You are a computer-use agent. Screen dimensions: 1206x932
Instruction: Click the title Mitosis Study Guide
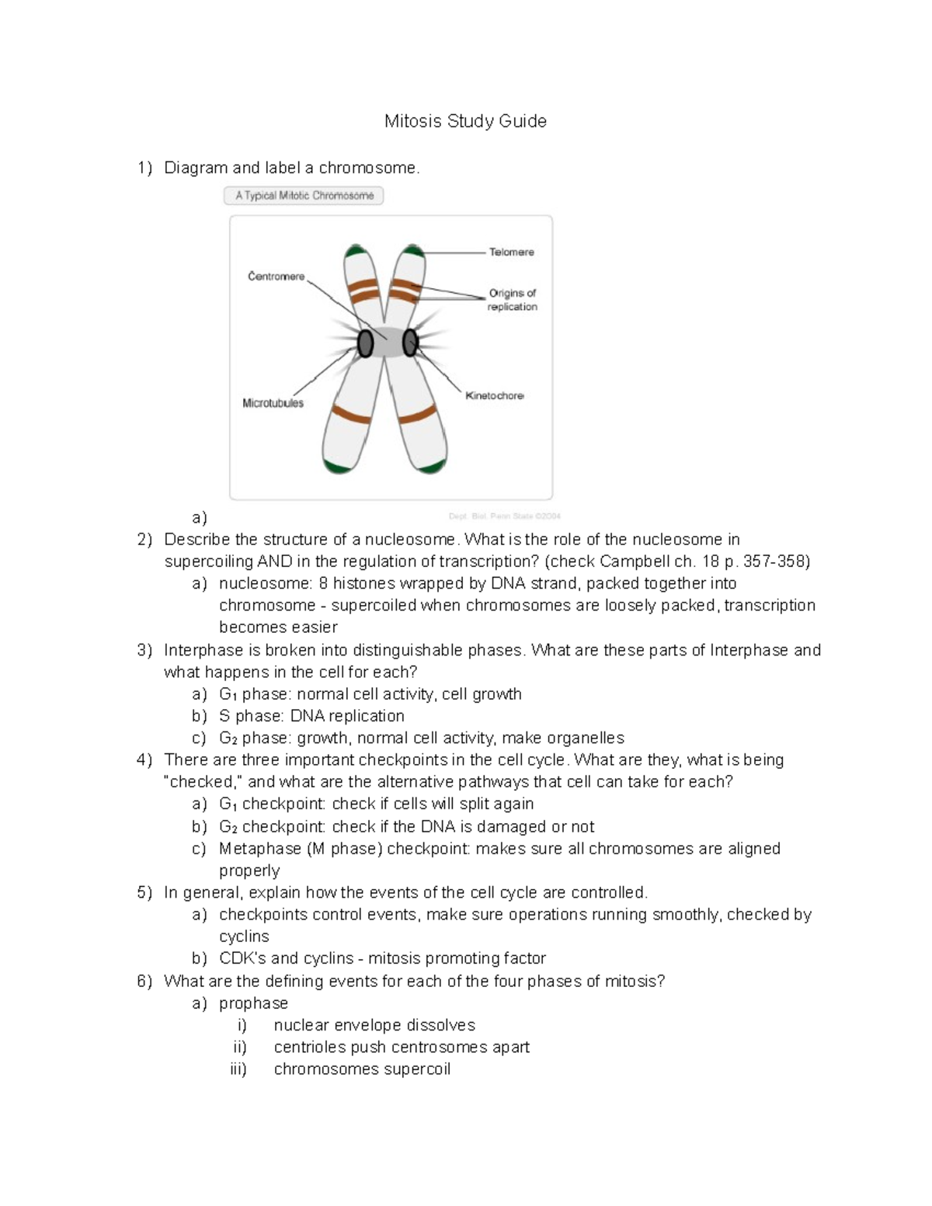click(x=465, y=121)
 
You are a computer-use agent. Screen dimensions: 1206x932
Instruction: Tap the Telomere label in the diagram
click(x=511, y=252)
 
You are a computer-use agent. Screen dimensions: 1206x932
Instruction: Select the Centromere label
click(x=276, y=276)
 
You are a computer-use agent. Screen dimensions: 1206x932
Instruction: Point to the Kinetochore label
click(x=494, y=396)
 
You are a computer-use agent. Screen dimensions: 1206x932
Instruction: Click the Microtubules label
click(x=273, y=403)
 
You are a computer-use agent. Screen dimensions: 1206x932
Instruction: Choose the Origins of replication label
click(x=512, y=300)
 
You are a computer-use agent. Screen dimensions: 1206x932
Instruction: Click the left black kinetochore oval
click(x=364, y=342)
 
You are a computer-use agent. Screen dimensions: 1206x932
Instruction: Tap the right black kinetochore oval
click(x=410, y=342)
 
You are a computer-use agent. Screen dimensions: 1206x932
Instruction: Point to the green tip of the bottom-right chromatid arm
click(x=432, y=467)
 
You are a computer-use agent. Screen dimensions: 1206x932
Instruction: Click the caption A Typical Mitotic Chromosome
click(x=304, y=196)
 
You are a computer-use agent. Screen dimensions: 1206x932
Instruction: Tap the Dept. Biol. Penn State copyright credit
click(x=504, y=516)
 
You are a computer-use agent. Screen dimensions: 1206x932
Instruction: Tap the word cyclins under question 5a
click(x=244, y=937)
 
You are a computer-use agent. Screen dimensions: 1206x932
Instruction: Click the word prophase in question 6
click(x=253, y=1003)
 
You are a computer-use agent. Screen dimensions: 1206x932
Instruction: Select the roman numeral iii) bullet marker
click(x=238, y=1069)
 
